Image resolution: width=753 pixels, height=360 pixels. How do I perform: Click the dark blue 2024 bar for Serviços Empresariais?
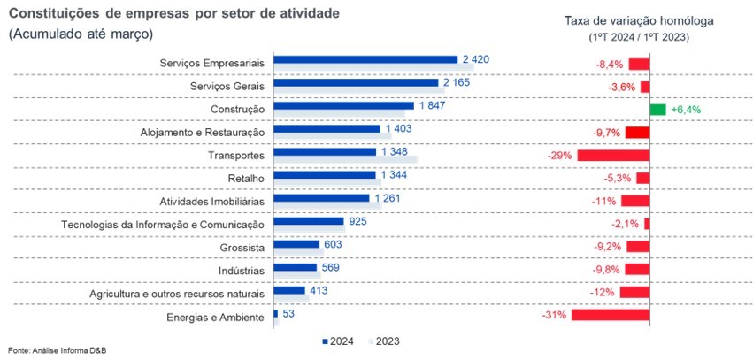pyautogui.click(x=365, y=60)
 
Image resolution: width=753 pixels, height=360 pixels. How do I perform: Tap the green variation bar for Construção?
pyautogui.click(x=657, y=110)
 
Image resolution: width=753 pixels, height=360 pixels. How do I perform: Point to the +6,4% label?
pyautogui.click(x=686, y=110)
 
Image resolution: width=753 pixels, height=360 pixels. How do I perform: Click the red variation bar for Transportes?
pyautogui.click(x=613, y=155)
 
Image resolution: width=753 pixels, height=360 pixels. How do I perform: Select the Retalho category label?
pyautogui.click(x=245, y=178)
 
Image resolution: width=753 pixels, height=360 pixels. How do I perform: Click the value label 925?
pyautogui.click(x=358, y=221)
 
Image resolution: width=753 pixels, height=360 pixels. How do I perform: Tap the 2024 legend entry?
pyautogui.click(x=340, y=341)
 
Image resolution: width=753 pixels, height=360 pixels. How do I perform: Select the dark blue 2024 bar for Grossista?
pyautogui.click(x=296, y=244)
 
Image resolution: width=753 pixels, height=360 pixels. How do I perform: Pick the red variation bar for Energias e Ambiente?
pyautogui.click(x=611, y=314)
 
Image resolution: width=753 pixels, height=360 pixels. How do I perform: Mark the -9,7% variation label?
pyautogui.click(x=606, y=132)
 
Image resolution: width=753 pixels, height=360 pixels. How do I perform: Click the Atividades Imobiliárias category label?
pyautogui.click(x=212, y=201)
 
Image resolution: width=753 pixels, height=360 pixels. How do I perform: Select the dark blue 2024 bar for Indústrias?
pyautogui.click(x=296, y=267)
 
